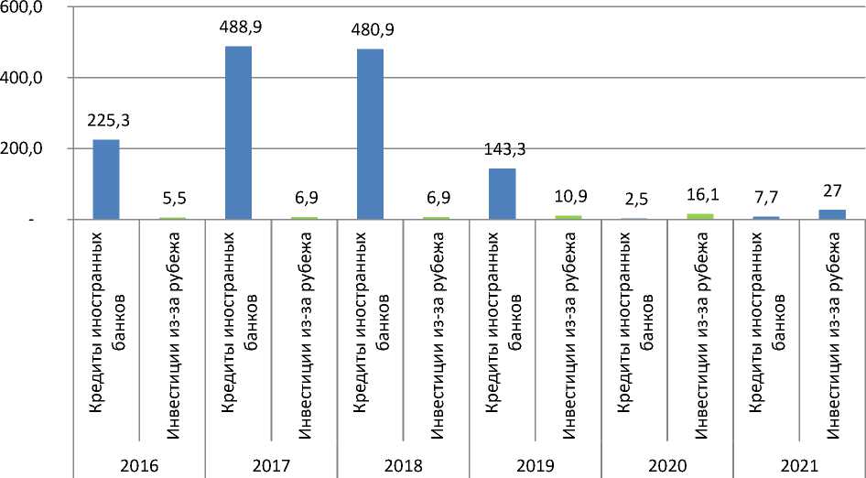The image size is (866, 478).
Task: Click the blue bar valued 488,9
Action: [238, 133]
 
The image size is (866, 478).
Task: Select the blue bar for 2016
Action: [106, 179]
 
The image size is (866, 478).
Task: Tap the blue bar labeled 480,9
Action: [370, 135]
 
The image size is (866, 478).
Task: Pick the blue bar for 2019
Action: [502, 194]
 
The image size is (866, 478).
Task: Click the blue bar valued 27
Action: [832, 214]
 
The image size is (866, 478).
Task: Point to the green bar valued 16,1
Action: [700, 216]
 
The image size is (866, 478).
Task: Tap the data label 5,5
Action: [172, 196]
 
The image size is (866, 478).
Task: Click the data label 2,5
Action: [633, 198]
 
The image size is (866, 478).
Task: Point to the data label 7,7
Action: [766, 196]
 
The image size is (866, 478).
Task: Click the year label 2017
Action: [271, 464]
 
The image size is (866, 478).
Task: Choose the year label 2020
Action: [666, 464]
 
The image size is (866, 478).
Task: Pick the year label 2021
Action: [798, 464]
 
